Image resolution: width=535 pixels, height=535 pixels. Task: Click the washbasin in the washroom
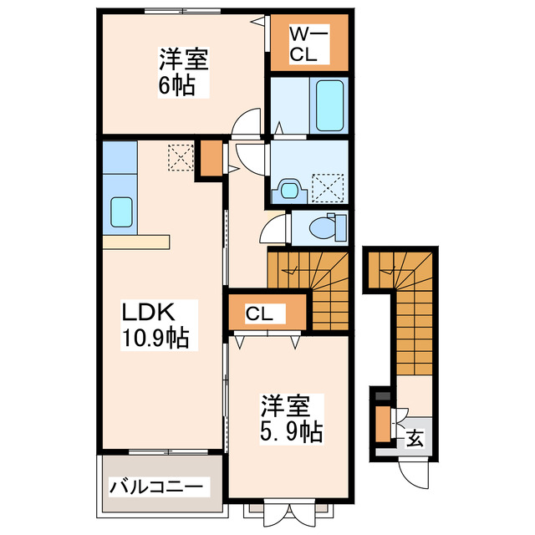(x=290, y=190)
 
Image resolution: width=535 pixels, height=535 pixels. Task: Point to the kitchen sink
(x=121, y=213)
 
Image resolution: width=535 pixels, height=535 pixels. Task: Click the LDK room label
(x=148, y=313)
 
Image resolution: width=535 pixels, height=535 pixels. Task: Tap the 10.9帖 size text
(x=156, y=339)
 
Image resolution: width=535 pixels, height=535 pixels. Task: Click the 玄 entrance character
(x=414, y=438)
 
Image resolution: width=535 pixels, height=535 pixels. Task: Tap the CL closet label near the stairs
(x=258, y=313)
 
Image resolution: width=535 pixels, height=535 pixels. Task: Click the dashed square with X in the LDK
(x=180, y=156)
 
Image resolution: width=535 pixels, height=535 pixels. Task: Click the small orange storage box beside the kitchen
(x=209, y=159)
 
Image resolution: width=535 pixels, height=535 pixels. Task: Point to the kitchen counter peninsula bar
(x=136, y=242)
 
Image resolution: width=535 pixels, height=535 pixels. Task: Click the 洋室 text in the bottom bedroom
(x=287, y=408)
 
